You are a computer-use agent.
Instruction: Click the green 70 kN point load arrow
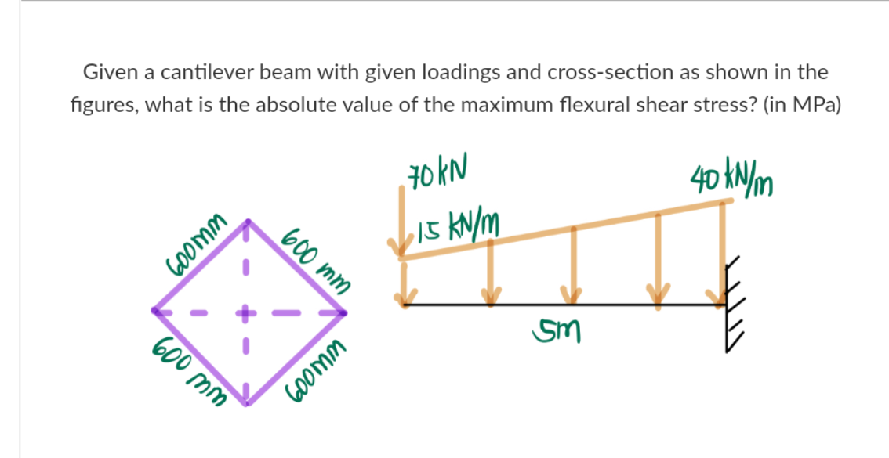(x=402, y=227)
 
